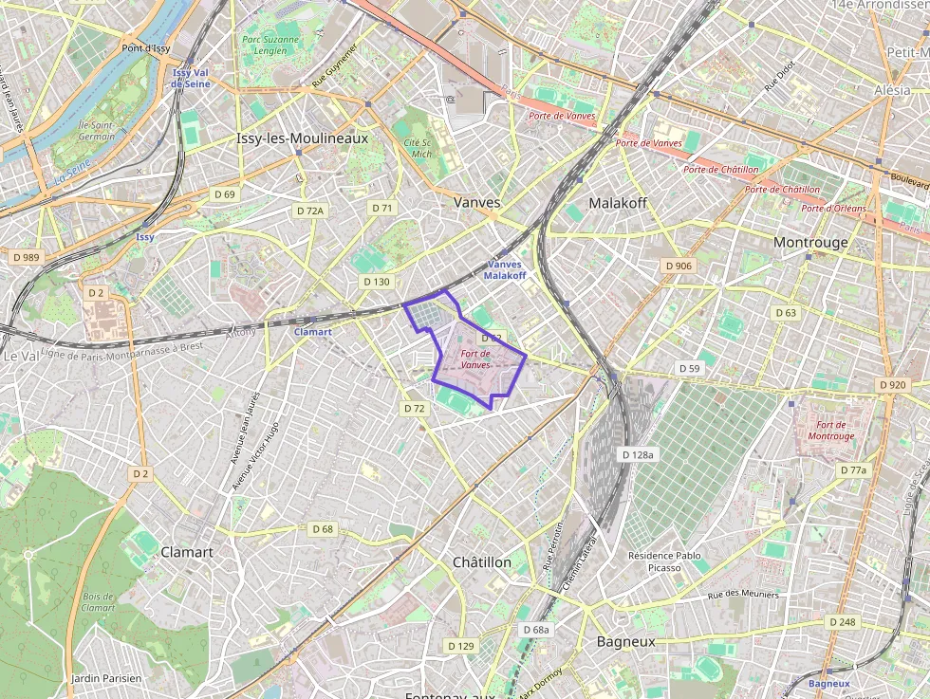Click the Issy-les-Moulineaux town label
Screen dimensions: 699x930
pyautogui.click(x=301, y=138)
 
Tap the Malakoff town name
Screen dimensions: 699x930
pyautogui.click(x=617, y=203)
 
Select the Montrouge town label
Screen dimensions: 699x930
pyautogui.click(x=810, y=242)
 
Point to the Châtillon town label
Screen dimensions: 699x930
pyautogui.click(x=481, y=562)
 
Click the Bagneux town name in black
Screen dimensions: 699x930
pyautogui.click(x=625, y=642)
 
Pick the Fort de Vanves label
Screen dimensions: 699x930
pyautogui.click(x=475, y=359)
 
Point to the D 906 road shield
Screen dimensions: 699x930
pyautogui.click(x=678, y=266)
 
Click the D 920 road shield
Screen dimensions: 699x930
pyautogui.click(x=892, y=385)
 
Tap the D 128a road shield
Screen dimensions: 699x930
pyautogui.click(x=638, y=455)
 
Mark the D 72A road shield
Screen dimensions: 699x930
pyautogui.click(x=309, y=212)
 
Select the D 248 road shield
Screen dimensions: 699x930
pyautogui.click(x=841, y=622)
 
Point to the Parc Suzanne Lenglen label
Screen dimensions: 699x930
pyautogui.click(x=270, y=46)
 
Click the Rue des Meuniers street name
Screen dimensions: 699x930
pyautogui.click(x=743, y=596)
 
